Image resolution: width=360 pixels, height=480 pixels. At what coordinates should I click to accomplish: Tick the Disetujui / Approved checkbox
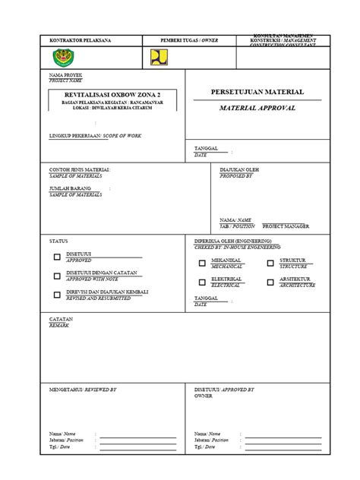(x=57, y=257)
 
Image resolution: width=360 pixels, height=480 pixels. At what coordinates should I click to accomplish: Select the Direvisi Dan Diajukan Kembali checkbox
(x=57, y=295)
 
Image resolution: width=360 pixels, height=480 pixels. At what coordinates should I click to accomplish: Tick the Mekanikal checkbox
(x=202, y=264)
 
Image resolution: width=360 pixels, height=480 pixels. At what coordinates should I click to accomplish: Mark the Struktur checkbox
(x=271, y=264)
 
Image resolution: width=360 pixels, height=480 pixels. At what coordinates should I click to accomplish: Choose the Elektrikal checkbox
(x=202, y=283)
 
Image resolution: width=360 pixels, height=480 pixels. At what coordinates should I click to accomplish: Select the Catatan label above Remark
(x=62, y=319)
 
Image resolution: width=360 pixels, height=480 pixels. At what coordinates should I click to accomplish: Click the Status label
(x=58, y=240)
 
